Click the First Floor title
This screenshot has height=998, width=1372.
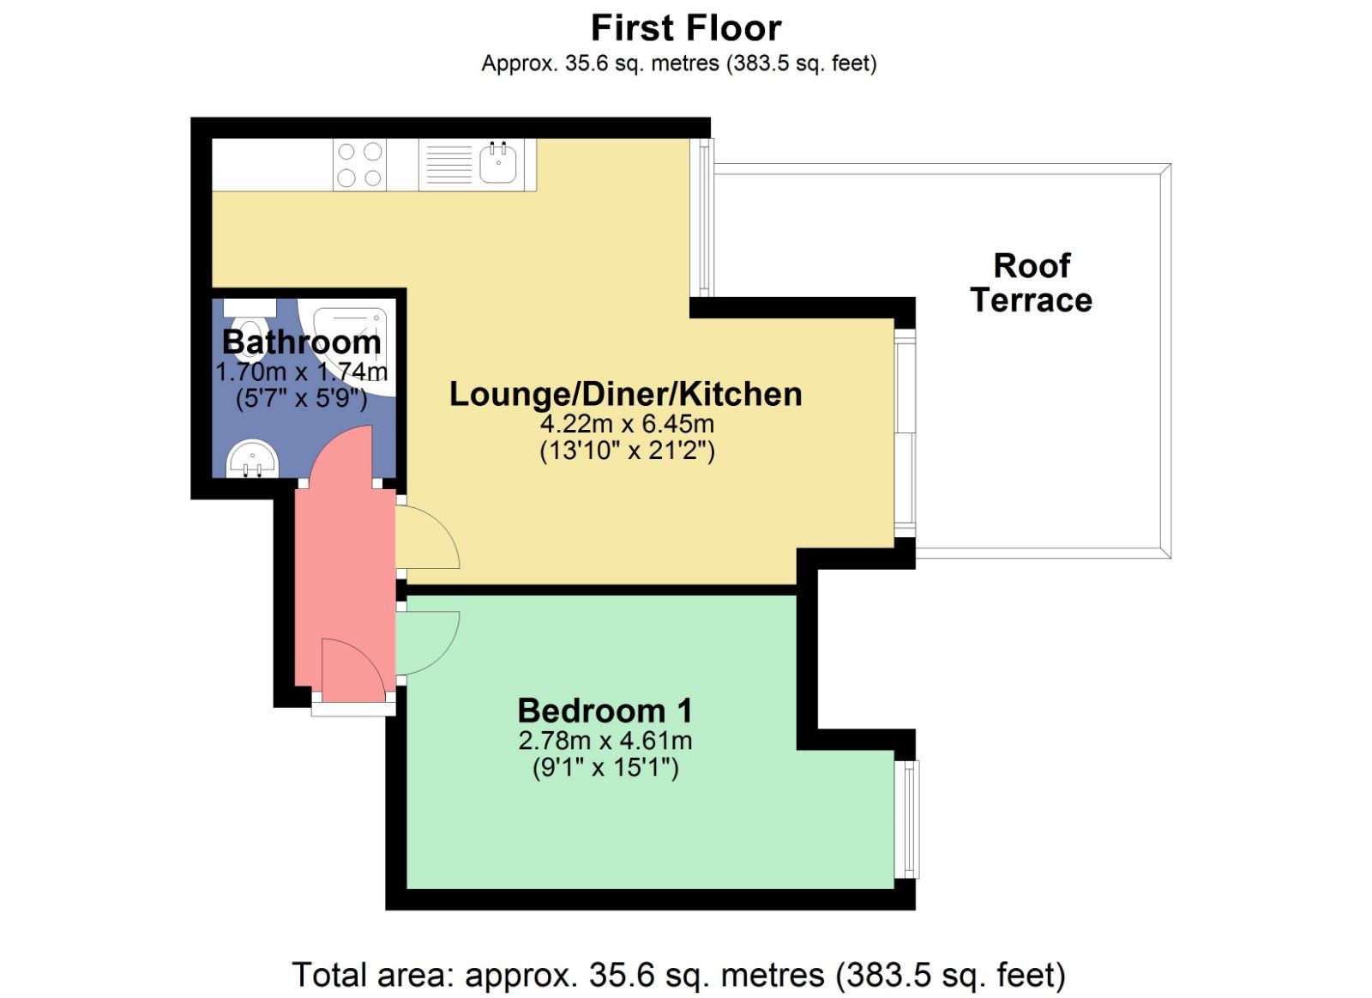[686, 28]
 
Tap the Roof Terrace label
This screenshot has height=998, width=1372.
[1031, 283]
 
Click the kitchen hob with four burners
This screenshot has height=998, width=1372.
[359, 165]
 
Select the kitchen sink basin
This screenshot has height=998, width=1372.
[497, 163]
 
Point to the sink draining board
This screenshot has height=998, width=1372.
[448, 165]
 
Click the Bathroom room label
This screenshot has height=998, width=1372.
[301, 342]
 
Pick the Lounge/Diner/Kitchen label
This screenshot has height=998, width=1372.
[626, 394]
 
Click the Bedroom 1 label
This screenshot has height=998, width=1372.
[605, 711]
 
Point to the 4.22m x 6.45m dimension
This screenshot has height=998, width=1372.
[627, 424]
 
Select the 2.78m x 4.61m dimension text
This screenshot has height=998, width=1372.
[605, 741]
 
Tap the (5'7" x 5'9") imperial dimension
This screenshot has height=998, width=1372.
[301, 399]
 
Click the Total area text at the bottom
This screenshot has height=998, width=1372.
[678, 976]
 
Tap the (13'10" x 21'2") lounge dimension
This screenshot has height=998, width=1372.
[627, 451]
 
